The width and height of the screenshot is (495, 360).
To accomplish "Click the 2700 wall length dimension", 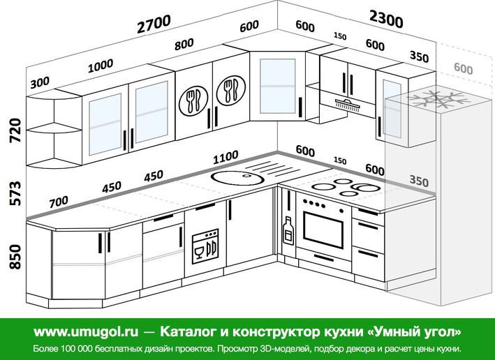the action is pos(154,24).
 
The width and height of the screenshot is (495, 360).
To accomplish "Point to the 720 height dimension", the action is pos(15,130).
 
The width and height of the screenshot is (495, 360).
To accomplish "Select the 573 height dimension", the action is pos(15,193).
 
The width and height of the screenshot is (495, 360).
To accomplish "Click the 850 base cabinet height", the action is pos(15,257).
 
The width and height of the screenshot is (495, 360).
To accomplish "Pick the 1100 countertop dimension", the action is pos(226,157).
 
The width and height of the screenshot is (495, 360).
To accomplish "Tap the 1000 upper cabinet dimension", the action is pos(101,66).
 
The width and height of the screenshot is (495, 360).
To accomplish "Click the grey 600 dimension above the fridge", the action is pos(464,68).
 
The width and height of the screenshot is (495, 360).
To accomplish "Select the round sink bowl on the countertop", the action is pos(237,178).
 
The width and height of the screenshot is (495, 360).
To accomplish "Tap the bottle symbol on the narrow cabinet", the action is pos(288,230).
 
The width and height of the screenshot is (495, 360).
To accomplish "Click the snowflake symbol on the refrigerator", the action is pos(438,99).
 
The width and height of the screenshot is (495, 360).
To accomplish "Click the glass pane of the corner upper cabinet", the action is pos(277,86).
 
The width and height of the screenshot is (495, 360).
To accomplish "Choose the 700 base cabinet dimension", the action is pos(59,202).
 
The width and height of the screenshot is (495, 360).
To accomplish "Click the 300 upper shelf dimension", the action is pos(40,82).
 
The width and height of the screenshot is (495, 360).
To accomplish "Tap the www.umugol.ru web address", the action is pos(86,331).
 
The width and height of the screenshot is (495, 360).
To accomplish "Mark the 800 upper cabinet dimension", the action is pos(184,44).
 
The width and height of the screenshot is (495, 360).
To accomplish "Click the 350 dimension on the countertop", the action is pos(419,181).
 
